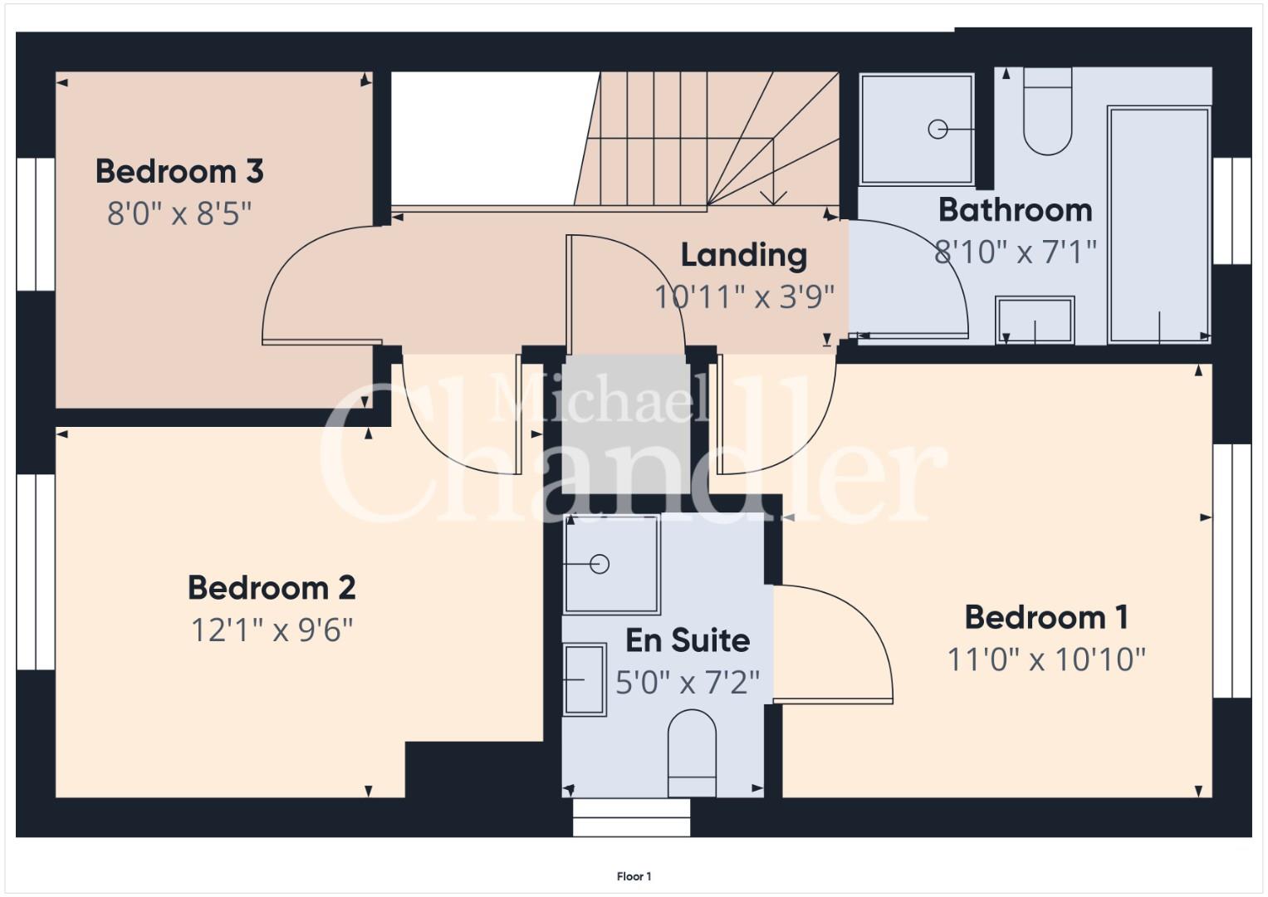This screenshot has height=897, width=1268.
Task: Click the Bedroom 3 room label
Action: click(x=179, y=171)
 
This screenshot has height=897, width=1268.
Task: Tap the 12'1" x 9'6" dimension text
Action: click(x=272, y=630)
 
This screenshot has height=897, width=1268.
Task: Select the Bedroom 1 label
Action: click(x=1046, y=616)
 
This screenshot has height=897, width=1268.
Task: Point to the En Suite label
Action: click(x=688, y=640)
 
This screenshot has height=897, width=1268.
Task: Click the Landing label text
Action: click(x=744, y=256)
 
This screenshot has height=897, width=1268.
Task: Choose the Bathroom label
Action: click(x=1016, y=210)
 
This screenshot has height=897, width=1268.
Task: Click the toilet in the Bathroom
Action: click(x=1048, y=111)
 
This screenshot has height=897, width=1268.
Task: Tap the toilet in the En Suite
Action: click(x=692, y=753)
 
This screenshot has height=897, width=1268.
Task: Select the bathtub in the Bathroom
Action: click(x=1158, y=225)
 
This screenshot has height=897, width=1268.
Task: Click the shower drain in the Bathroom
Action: click(x=938, y=130)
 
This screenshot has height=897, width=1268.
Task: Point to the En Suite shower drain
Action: click(x=600, y=564)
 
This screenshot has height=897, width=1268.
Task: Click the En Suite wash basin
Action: click(x=585, y=679)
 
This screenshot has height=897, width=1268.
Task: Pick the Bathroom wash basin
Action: click(x=1035, y=320)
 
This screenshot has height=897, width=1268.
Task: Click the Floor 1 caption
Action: click(x=634, y=876)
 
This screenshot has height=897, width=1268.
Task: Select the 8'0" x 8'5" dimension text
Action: click(x=179, y=213)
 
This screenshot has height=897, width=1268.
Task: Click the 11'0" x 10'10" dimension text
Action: click(x=1046, y=659)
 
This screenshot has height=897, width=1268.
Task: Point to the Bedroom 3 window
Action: click(x=35, y=224)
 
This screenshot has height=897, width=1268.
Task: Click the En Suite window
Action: click(x=631, y=817)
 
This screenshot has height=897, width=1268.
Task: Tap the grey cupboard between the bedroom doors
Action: click(x=625, y=424)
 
